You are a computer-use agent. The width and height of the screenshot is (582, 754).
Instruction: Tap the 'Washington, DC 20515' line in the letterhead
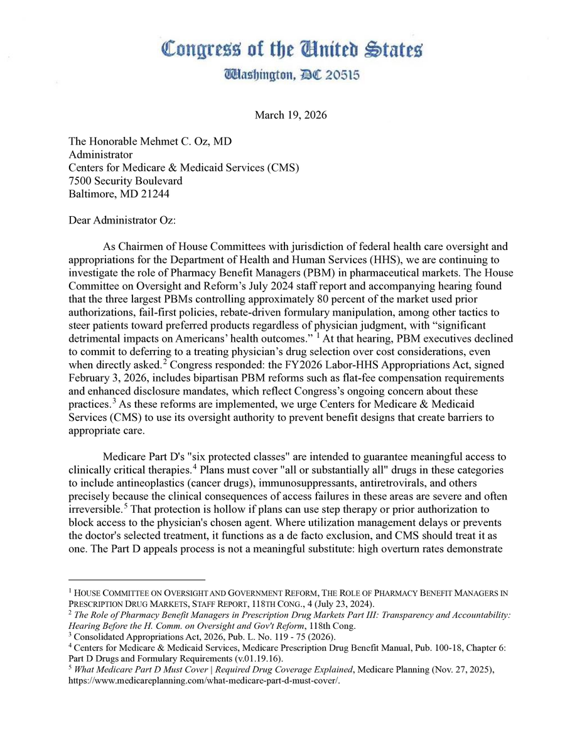click(291, 75)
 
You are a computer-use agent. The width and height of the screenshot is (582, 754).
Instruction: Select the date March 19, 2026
click(291, 115)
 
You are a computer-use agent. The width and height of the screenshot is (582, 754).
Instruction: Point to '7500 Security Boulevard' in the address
click(126, 180)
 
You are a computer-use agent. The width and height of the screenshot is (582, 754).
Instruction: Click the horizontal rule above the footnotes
click(136, 579)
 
